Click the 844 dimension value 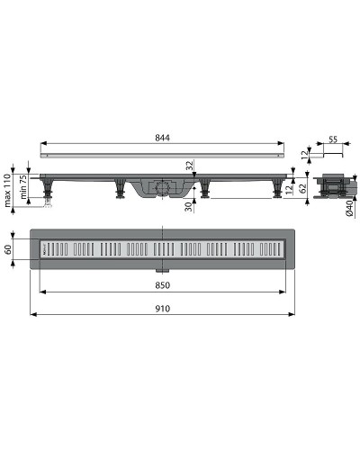click(x=162, y=138)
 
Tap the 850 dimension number click(x=162, y=285)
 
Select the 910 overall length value click(x=162, y=309)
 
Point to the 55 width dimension click(x=333, y=139)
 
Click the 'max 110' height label click(x=8, y=190)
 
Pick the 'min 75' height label click(x=23, y=187)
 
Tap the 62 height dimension click(x=303, y=188)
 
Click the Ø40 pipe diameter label click(x=350, y=208)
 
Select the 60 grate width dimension click(x=8, y=249)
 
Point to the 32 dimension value click(x=189, y=166)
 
